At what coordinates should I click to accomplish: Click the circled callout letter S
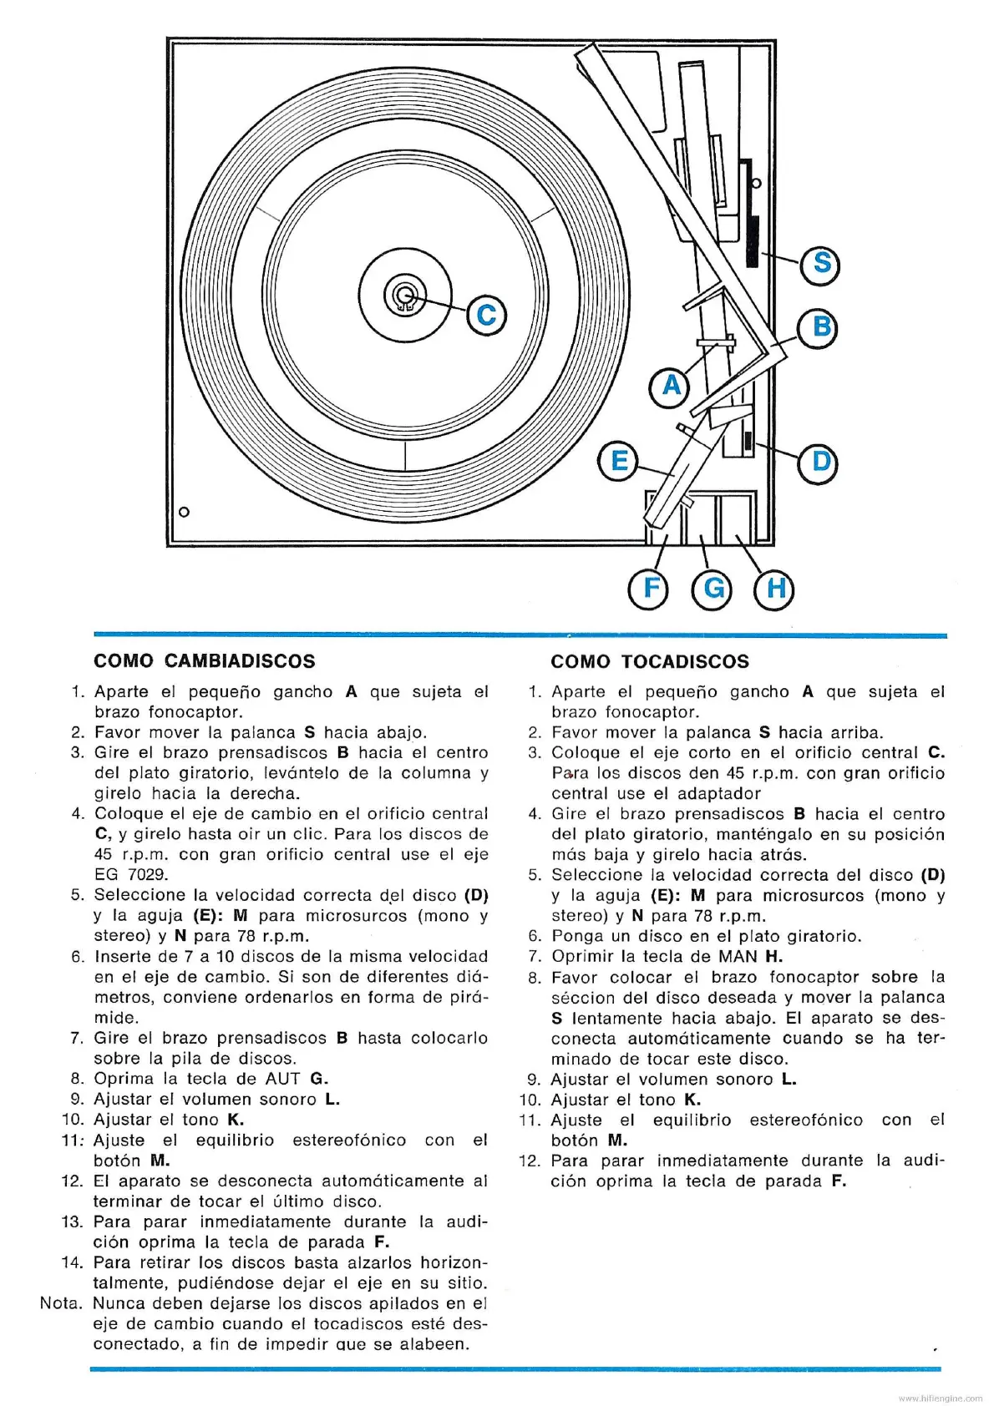820,264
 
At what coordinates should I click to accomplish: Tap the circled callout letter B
821,326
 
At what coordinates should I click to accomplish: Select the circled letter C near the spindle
486,316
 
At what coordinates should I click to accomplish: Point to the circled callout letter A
671,387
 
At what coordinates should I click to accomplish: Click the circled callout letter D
821,461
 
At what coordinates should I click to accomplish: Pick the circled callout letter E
619,461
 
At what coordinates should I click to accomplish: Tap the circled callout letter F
651,589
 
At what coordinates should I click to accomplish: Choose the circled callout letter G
713,589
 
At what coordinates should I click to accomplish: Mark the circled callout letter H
775,589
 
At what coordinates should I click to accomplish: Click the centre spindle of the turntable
405,295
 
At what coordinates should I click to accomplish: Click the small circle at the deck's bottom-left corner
185,512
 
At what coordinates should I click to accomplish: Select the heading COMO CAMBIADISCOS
205,661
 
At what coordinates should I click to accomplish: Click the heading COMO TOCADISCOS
650,661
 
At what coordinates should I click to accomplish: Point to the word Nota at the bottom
61,1303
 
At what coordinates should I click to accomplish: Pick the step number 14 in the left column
72,1262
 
